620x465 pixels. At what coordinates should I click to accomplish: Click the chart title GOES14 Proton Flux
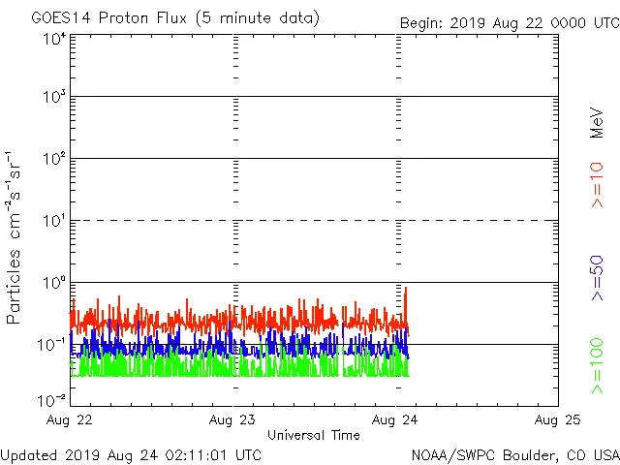pyautogui.click(x=175, y=18)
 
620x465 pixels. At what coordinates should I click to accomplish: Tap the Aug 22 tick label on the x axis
pyautogui.click(x=70, y=419)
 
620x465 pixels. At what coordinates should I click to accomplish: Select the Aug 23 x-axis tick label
pyautogui.click(x=232, y=419)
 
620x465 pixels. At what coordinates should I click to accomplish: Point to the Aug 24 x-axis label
pyautogui.click(x=395, y=419)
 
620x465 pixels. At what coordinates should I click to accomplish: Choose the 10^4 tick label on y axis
pyautogui.click(x=54, y=40)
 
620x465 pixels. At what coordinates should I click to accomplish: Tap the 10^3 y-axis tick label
pyautogui.click(x=54, y=97)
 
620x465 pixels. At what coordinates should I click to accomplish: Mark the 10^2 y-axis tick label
pyautogui.click(x=54, y=159)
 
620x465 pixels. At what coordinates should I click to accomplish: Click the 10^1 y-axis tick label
pyautogui.click(x=54, y=221)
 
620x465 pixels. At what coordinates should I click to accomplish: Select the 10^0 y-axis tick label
pyautogui.click(x=54, y=283)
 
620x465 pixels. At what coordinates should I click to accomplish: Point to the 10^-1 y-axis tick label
pyautogui.click(x=52, y=345)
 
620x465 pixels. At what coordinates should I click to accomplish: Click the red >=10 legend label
pyautogui.click(x=597, y=184)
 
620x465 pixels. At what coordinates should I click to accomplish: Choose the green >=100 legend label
pyautogui.click(x=597, y=366)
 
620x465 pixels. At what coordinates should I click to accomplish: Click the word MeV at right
pyautogui.click(x=597, y=123)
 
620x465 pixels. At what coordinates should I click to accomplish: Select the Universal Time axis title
pyautogui.click(x=313, y=435)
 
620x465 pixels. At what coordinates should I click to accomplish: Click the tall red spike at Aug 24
pyautogui.click(x=405, y=291)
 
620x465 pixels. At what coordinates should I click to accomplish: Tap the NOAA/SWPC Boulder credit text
pyautogui.click(x=514, y=454)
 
